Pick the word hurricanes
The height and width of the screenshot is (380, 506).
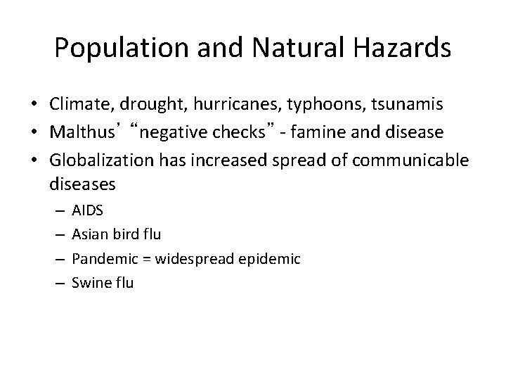(225, 105)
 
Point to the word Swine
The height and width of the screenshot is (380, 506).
(88, 283)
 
